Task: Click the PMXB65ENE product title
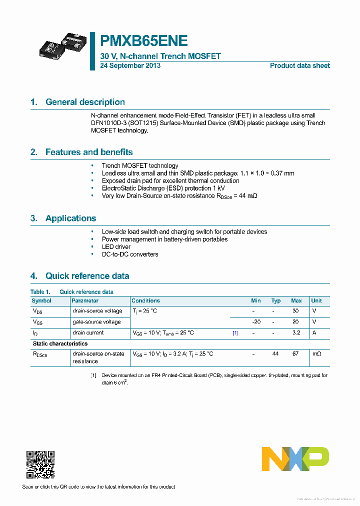point(144,40)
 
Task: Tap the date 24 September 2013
point(130,65)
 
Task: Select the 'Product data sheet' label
point(299,65)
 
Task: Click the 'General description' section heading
point(85,102)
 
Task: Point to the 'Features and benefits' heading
point(89,152)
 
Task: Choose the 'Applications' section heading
point(70,218)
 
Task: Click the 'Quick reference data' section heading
point(87,275)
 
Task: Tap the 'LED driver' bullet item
point(116,246)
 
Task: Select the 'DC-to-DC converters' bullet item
point(130,254)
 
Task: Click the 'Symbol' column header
point(41,300)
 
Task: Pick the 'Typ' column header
point(276,300)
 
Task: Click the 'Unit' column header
point(316,300)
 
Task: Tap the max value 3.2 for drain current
point(295,332)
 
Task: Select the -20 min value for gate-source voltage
point(256,321)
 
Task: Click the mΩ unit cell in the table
point(316,353)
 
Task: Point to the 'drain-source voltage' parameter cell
point(98,311)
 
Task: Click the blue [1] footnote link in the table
point(235,332)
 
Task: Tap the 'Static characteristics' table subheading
point(60,343)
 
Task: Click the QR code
point(40,464)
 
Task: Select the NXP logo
point(295,459)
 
